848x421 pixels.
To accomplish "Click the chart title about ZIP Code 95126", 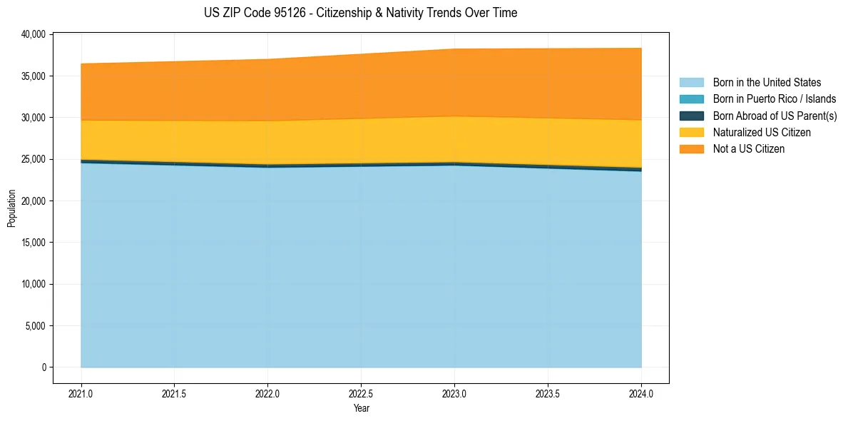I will tap(360, 13).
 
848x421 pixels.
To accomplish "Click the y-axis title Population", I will tap(11, 208).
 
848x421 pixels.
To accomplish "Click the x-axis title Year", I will tap(361, 408).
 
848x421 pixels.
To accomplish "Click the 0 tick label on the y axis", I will tap(44, 367).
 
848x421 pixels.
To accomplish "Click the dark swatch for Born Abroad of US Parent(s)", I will tap(691, 116).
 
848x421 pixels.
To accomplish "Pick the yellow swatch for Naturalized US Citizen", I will tap(691, 132).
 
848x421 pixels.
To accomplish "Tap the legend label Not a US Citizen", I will tap(749, 148).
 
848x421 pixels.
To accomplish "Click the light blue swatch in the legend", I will tap(691, 83).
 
